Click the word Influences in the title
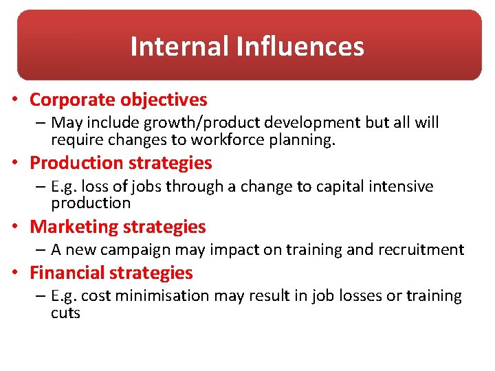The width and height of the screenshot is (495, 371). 300,47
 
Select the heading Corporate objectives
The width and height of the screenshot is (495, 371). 118,100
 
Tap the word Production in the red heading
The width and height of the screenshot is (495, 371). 74,164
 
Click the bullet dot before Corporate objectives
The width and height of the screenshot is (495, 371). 14,100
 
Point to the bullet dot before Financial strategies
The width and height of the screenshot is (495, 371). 14,273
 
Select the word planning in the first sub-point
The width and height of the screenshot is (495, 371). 308,139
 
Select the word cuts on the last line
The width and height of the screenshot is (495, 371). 65,313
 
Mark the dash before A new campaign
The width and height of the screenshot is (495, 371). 41,250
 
